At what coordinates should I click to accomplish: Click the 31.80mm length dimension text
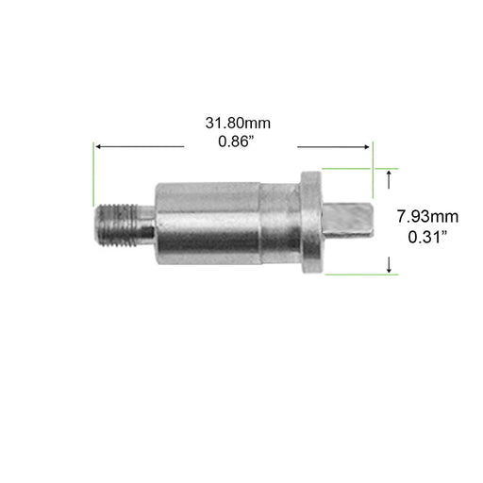(241, 124)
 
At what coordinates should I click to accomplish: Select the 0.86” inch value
(241, 144)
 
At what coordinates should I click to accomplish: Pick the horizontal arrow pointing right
(334, 146)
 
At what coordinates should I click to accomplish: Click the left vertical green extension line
(93, 174)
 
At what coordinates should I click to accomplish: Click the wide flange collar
(310, 223)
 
